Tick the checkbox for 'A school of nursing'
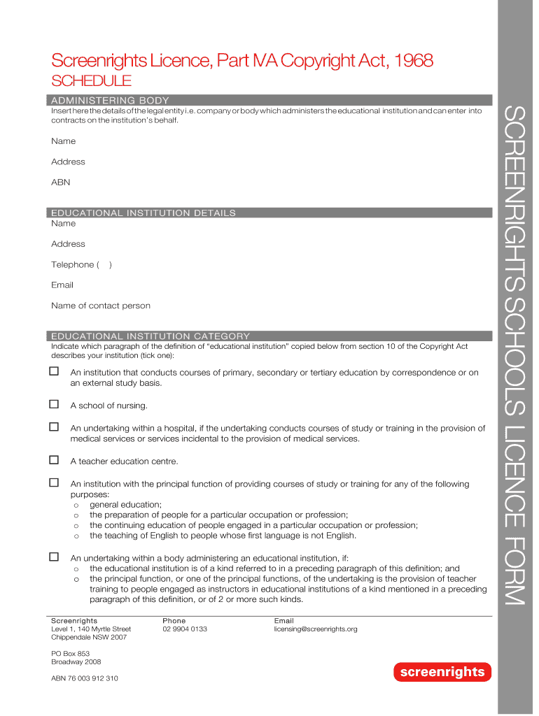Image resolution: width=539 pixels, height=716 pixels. [54, 404]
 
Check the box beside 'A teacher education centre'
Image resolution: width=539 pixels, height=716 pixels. [54, 460]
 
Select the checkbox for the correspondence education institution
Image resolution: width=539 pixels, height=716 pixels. [54, 371]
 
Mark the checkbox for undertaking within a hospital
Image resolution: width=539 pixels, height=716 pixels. [54, 427]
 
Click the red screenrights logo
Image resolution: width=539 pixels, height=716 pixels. [442, 672]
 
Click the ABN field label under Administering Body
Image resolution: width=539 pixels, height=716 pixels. [60, 182]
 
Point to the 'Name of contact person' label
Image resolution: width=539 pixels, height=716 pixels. [100, 306]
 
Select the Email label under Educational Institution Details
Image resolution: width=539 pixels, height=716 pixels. [62, 285]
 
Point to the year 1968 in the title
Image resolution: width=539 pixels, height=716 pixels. [414, 62]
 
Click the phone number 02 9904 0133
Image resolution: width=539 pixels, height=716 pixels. [185, 629]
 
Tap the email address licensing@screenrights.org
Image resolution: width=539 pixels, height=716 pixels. [316, 629]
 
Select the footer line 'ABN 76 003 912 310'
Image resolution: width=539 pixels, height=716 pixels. [85, 678]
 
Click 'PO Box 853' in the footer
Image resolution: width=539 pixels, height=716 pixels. [71, 653]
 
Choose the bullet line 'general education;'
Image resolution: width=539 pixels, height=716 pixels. [126, 505]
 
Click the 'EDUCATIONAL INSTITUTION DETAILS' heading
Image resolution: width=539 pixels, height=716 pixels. [143, 213]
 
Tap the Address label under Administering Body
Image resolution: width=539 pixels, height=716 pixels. [68, 162]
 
